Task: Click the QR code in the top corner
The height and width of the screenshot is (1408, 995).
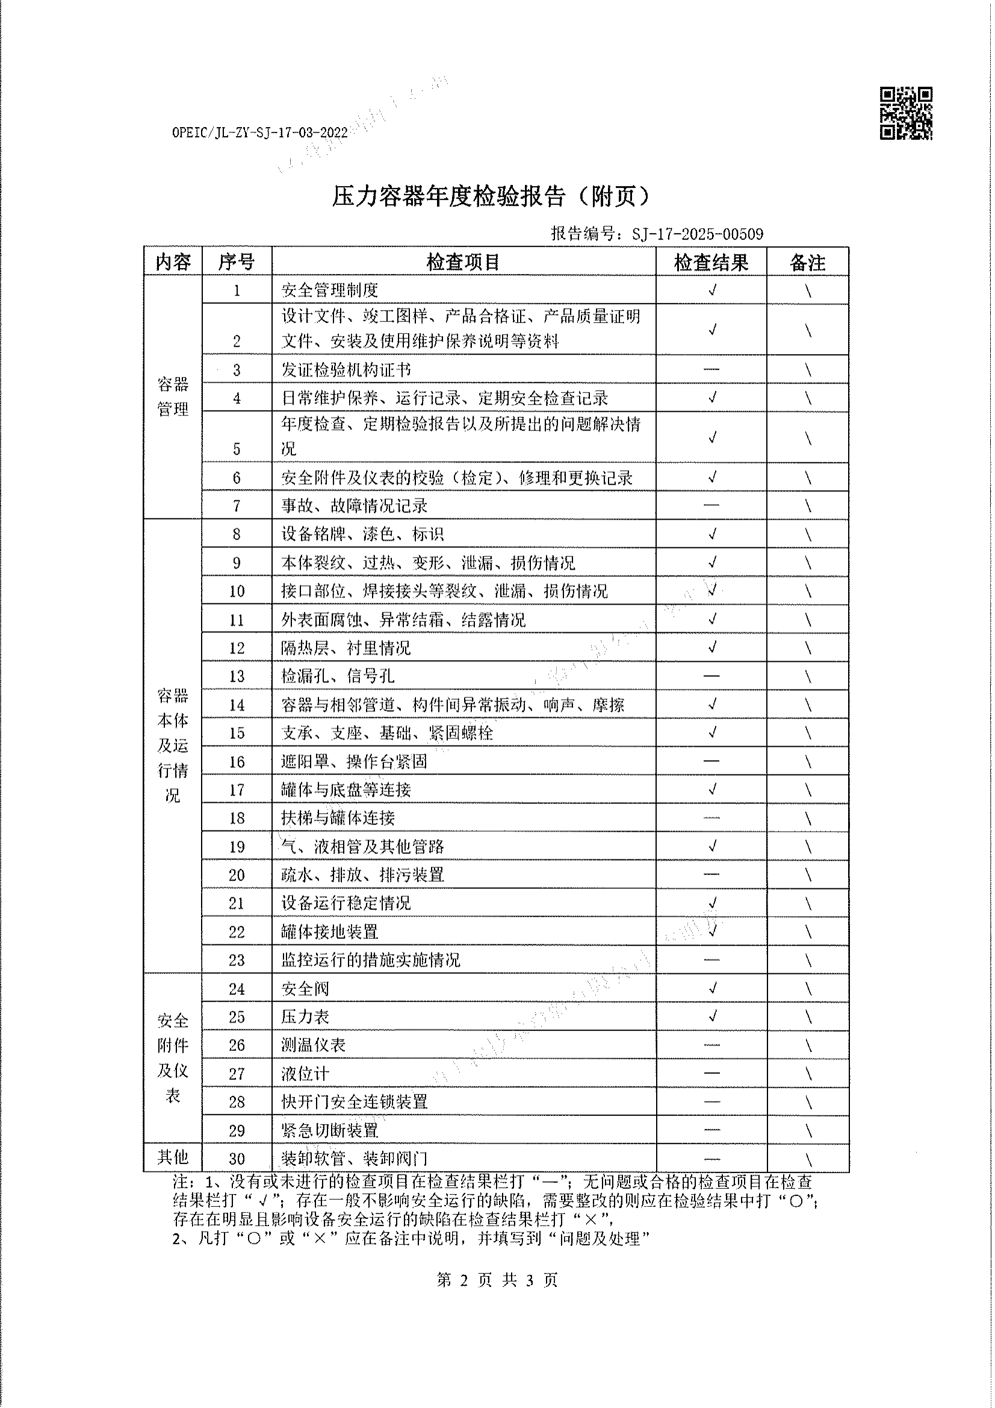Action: [x=905, y=113]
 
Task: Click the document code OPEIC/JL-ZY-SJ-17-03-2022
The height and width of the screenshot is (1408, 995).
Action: [x=260, y=132]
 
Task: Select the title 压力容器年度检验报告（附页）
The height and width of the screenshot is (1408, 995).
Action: [x=490, y=196]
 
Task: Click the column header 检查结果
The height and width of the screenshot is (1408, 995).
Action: [x=710, y=263]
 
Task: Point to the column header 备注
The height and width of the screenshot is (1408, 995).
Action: [x=807, y=263]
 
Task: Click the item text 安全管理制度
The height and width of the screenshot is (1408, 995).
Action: [x=330, y=290]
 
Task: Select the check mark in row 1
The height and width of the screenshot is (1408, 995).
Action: [x=711, y=290]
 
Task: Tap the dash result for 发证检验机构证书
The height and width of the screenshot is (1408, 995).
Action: [x=711, y=369]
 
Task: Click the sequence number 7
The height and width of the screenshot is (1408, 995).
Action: [x=237, y=506]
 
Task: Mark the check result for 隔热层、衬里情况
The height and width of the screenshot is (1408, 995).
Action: [x=711, y=647]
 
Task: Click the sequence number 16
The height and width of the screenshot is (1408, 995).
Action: [x=237, y=762]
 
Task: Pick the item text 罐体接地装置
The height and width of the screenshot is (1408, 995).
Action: [x=330, y=932]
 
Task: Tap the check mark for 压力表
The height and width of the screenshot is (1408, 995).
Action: [x=711, y=1017]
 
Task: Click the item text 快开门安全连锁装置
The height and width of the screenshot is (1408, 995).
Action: [x=355, y=1102]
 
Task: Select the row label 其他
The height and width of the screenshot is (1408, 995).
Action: [x=172, y=1157]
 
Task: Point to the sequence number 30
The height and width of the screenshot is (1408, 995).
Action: [x=237, y=1159]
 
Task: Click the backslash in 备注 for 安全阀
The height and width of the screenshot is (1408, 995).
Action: [x=808, y=988]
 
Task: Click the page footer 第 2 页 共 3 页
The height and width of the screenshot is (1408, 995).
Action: [x=497, y=1280]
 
